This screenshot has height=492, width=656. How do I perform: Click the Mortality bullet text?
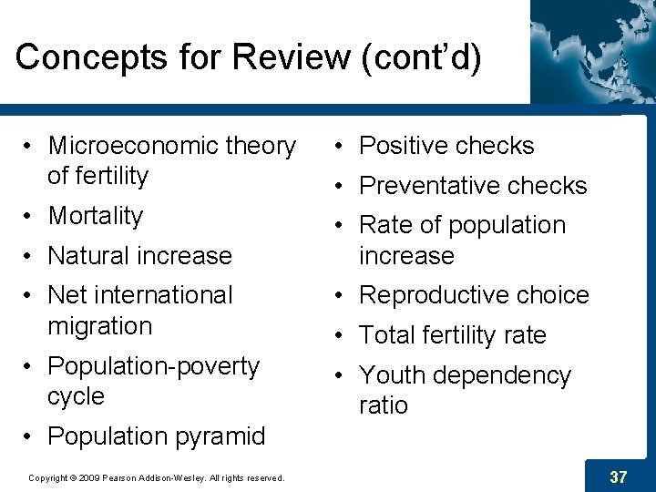[x=96, y=216]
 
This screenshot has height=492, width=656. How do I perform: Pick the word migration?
[x=99, y=326]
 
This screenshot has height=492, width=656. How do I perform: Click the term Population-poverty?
[x=153, y=366]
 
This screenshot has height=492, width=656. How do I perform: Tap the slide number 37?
[x=619, y=477]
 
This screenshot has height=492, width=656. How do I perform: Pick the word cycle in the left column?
[x=76, y=397]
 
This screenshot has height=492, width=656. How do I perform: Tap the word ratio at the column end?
[x=384, y=406]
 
